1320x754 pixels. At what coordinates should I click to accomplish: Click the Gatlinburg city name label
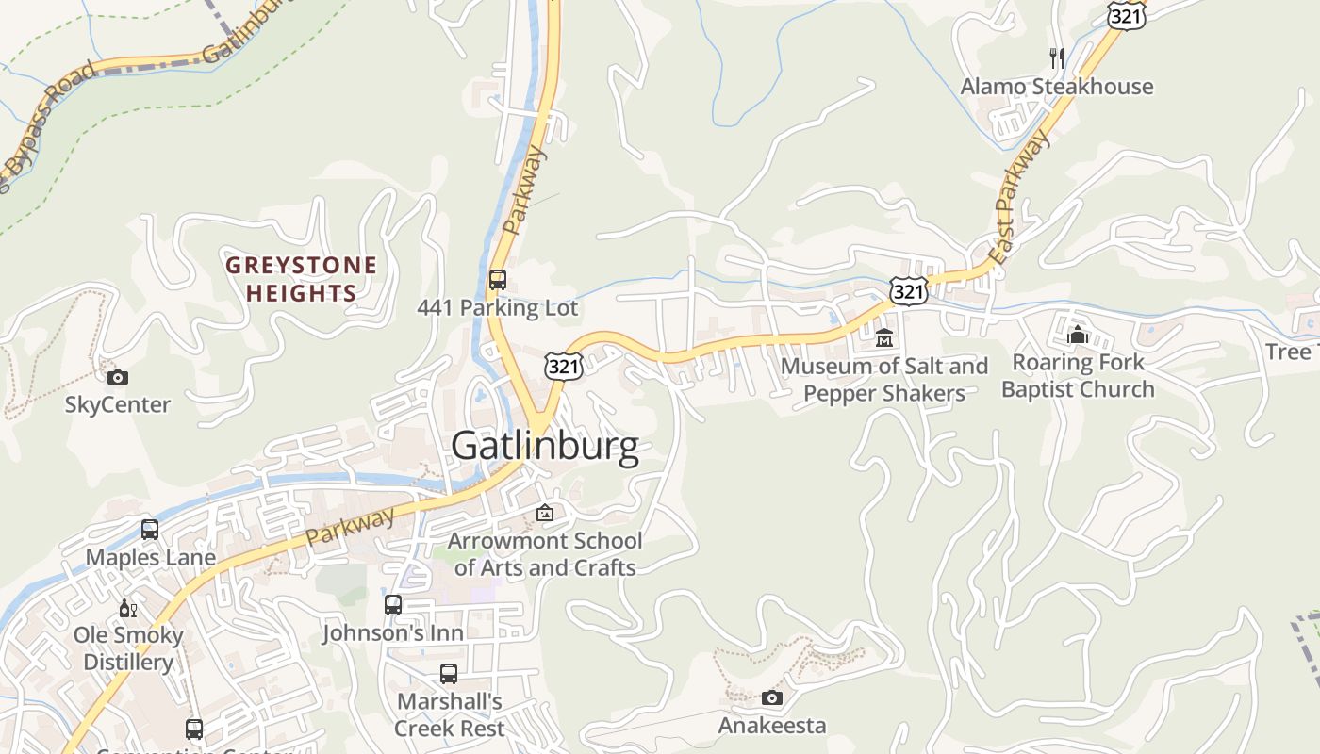click(x=545, y=446)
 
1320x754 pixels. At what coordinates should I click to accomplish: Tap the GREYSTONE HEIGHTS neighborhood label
click(x=301, y=279)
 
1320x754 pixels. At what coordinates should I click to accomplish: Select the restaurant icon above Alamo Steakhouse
click(x=1057, y=58)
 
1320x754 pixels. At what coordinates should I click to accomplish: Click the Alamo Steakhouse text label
click(x=1056, y=87)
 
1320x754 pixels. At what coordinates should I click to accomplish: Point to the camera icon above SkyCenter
click(x=118, y=377)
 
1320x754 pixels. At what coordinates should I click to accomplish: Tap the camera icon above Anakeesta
click(x=771, y=697)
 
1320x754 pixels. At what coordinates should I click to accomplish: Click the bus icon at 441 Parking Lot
click(x=497, y=280)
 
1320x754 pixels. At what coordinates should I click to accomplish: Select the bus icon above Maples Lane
click(x=150, y=529)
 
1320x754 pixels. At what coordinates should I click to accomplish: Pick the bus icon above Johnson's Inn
click(x=393, y=604)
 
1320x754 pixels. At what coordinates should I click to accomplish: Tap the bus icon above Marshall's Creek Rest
click(x=449, y=674)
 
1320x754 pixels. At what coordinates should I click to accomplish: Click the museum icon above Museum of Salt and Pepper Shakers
click(x=884, y=337)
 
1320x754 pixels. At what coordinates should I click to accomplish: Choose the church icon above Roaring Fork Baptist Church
click(x=1077, y=335)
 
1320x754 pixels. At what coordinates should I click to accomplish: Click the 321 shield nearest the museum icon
click(x=908, y=291)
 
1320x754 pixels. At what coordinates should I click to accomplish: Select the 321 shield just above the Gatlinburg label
click(x=563, y=367)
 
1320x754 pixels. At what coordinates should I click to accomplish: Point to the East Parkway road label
click(x=1019, y=199)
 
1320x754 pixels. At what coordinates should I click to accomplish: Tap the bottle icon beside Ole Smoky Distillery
click(x=127, y=608)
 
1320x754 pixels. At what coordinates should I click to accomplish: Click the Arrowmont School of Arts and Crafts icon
click(x=545, y=513)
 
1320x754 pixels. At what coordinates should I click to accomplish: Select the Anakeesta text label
click(x=771, y=725)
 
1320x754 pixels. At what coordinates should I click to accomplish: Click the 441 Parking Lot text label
click(x=497, y=308)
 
